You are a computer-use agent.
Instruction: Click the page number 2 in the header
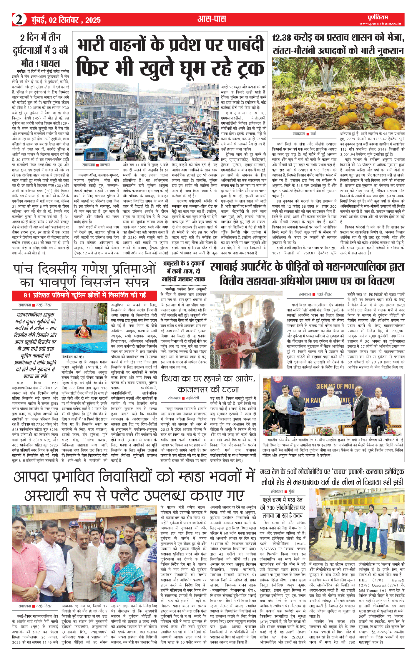tap(19, 20)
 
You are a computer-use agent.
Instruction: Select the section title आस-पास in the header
tap(212, 19)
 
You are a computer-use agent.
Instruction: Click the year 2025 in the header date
tap(93, 20)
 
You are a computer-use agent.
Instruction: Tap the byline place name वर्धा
tap(313, 134)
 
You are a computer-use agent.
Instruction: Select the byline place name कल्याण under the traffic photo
tap(105, 165)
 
